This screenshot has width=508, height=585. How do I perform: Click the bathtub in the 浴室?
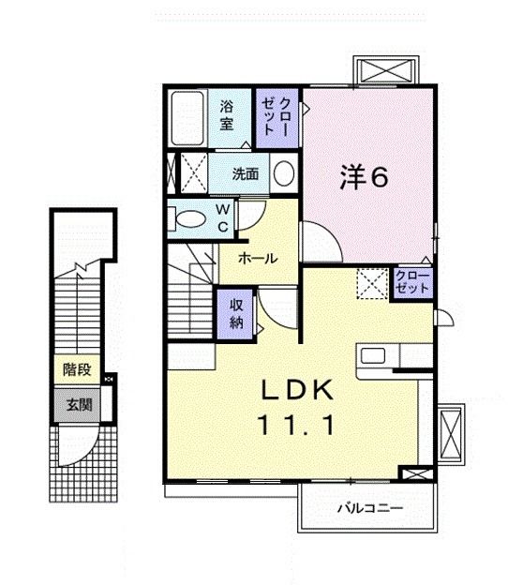[187, 118]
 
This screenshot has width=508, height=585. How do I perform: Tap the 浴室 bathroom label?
[227, 115]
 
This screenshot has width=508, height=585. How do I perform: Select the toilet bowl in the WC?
[188, 219]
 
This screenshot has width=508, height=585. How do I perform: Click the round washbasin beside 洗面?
[284, 173]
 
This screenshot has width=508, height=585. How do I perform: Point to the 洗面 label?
[245, 173]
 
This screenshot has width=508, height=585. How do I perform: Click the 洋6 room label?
[364, 177]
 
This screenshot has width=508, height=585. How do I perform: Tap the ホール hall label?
[258, 258]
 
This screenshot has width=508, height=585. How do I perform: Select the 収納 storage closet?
[236, 313]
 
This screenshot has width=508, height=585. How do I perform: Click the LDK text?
[297, 390]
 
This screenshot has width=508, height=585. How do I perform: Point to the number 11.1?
[296, 426]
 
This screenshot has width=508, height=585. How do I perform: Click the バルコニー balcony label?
[370, 508]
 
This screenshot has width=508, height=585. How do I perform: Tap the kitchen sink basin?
[373, 356]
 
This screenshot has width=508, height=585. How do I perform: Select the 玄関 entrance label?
[79, 404]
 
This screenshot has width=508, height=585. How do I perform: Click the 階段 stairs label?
[77, 369]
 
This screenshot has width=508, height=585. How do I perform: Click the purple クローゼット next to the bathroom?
[276, 118]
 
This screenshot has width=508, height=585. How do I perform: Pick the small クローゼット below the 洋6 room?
[411, 282]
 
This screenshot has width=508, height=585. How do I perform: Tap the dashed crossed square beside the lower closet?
[372, 283]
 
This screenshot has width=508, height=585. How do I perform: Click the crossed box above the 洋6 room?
[386, 70]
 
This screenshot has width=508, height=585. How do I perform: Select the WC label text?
[223, 218]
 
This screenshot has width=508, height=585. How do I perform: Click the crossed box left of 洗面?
[194, 173]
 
